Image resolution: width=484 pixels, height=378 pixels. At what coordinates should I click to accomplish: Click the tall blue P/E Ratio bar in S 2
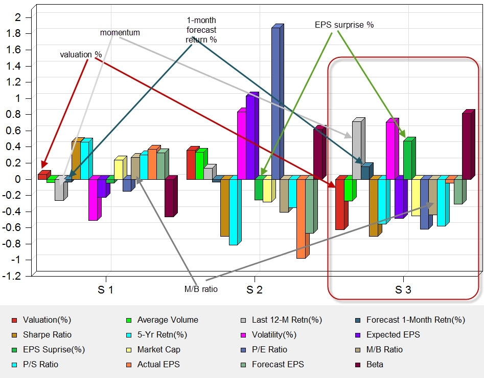coord(275,102)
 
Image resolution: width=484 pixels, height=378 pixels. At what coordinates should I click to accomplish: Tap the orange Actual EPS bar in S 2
coord(301,218)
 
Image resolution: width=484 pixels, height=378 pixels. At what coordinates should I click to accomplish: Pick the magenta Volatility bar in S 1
coord(93,199)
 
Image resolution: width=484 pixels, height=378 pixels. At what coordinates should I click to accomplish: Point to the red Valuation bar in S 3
coord(339,204)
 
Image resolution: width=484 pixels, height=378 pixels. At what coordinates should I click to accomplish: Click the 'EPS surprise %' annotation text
coord(344,25)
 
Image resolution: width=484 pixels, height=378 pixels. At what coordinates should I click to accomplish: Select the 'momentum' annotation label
coord(120,33)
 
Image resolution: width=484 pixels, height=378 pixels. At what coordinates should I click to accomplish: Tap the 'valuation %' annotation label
coord(81,54)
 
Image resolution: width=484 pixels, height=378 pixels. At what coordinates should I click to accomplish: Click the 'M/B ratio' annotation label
coord(201,289)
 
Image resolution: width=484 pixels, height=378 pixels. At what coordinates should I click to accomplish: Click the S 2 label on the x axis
coord(255,290)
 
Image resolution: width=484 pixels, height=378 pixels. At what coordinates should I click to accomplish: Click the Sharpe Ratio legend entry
coord(47,335)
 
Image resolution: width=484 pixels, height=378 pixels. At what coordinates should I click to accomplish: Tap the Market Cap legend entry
coord(158,350)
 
